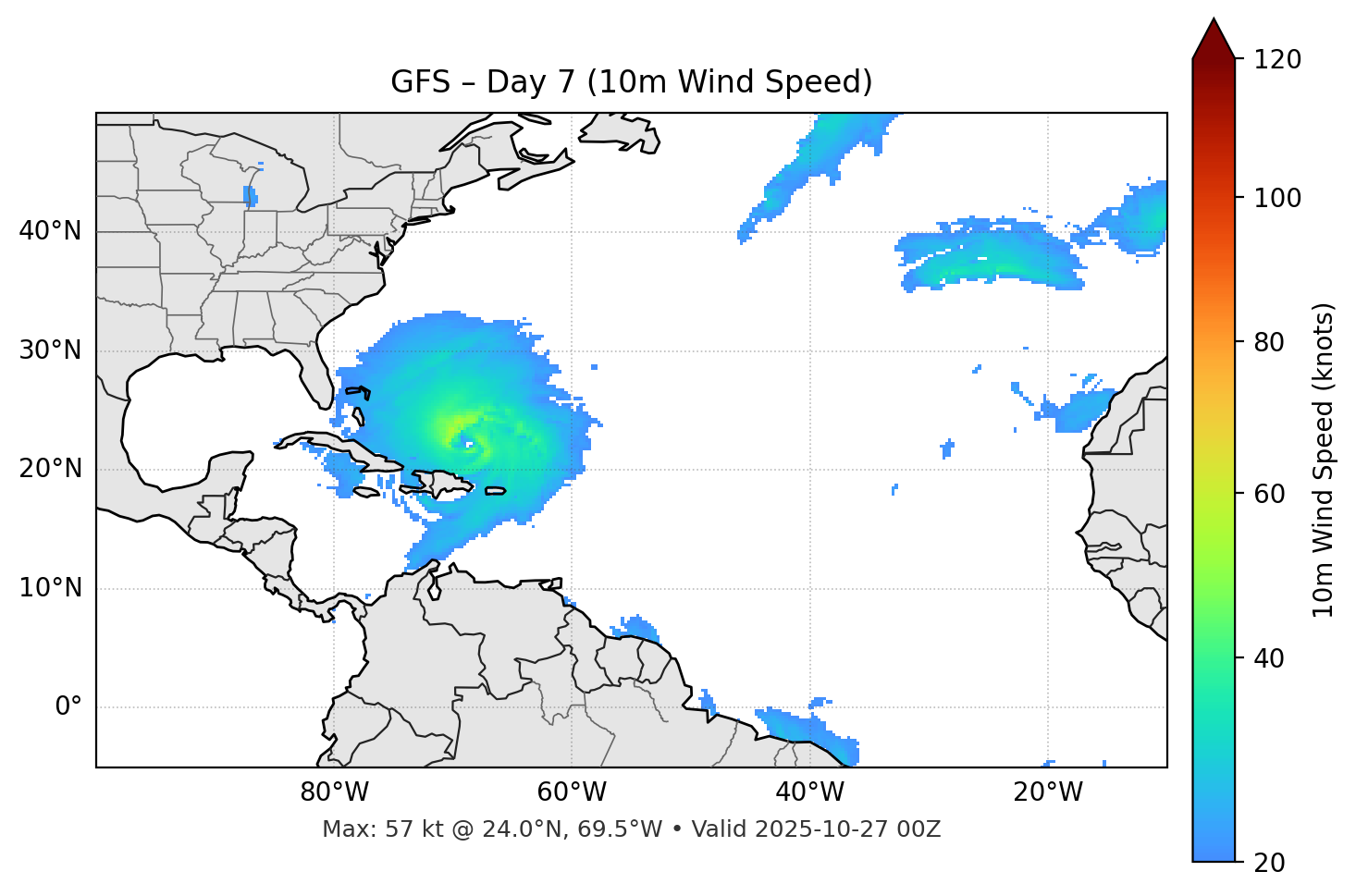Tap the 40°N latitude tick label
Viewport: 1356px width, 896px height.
point(50,231)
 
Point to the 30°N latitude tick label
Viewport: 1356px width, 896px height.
point(50,350)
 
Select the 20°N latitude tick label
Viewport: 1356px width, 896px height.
point(50,469)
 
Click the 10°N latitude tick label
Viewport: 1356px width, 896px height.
point(50,588)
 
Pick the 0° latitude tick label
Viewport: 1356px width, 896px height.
point(68,706)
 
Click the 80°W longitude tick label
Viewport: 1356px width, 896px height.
point(334,792)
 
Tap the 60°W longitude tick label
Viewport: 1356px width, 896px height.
point(572,792)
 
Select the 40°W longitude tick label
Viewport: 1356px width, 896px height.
point(809,792)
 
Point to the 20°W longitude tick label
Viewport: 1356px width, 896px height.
point(1047,792)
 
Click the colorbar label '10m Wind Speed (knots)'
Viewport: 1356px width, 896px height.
point(1324,460)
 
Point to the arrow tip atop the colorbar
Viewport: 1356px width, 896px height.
point(1214,19)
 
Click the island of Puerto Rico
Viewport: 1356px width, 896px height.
point(495,490)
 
